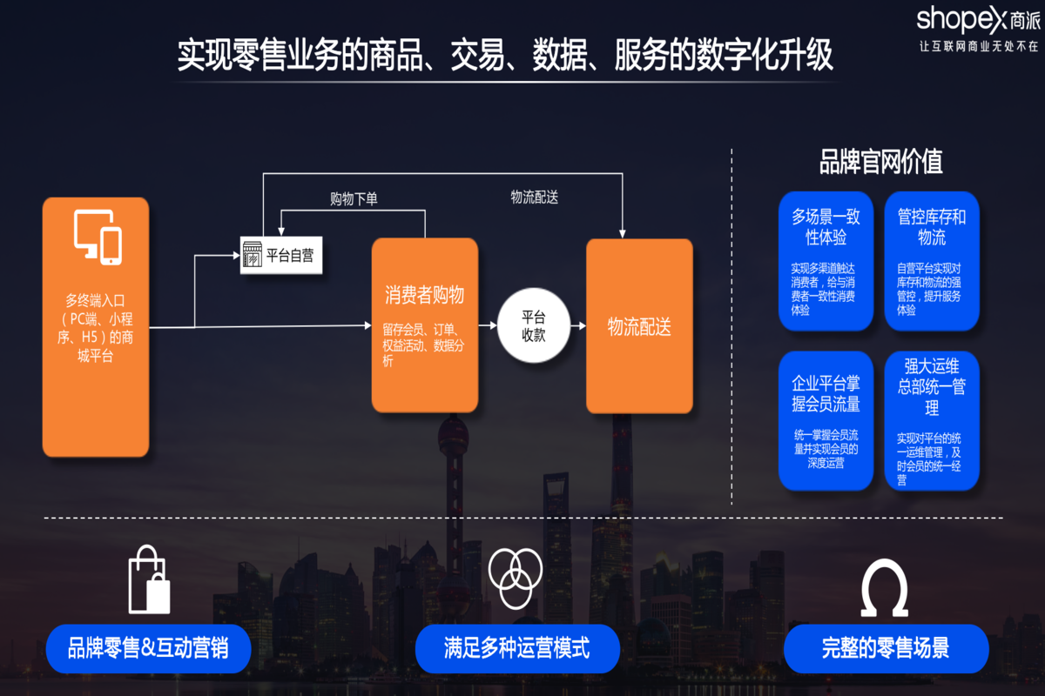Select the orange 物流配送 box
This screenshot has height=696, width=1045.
(639, 326)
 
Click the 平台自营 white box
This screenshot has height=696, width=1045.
(281, 256)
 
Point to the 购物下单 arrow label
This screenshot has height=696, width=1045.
(354, 199)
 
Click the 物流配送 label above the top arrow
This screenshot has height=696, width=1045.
(534, 197)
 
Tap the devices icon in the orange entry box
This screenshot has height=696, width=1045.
(97, 237)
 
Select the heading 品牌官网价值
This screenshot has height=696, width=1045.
(880, 162)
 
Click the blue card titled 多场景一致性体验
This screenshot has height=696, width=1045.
(826, 261)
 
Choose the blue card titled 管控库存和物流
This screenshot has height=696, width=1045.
(932, 261)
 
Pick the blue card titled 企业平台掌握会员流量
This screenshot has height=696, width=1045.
(826, 420)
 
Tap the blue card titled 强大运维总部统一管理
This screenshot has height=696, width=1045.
(932, 420)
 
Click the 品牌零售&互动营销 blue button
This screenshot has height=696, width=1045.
(148, 648)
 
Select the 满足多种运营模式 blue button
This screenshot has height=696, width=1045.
(516, 648)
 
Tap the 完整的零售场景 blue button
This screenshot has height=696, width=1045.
(886, 648)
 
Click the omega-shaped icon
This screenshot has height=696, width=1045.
(884, 587)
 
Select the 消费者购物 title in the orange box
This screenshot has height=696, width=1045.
(424, 296)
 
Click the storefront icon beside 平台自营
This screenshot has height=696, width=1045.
(253, 256)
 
